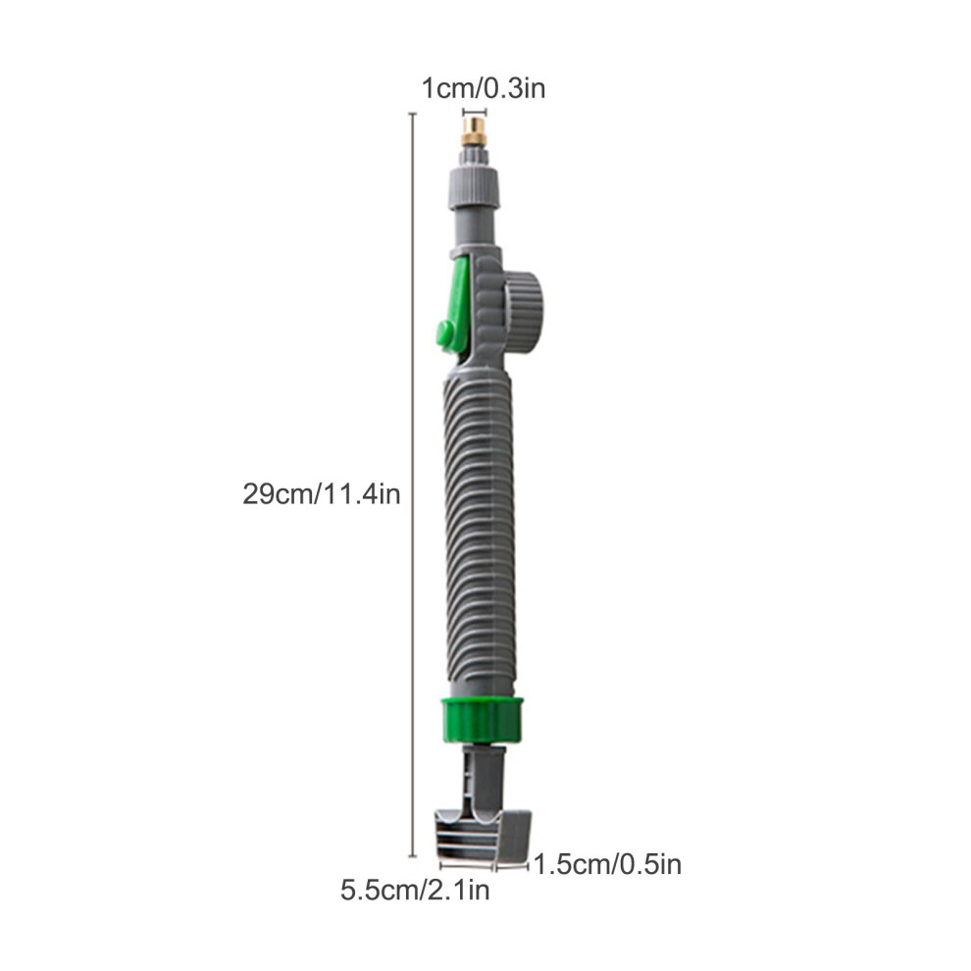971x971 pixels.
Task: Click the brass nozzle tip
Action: point(475,131)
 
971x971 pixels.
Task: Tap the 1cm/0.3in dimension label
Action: point(483,88)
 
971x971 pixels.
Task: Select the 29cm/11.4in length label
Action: point(322,494)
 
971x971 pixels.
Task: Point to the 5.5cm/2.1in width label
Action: point(415,890)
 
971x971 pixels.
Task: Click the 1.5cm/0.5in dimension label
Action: point(607,864)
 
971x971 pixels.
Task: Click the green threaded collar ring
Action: point(483,720)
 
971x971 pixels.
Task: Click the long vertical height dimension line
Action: point(413,485)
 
